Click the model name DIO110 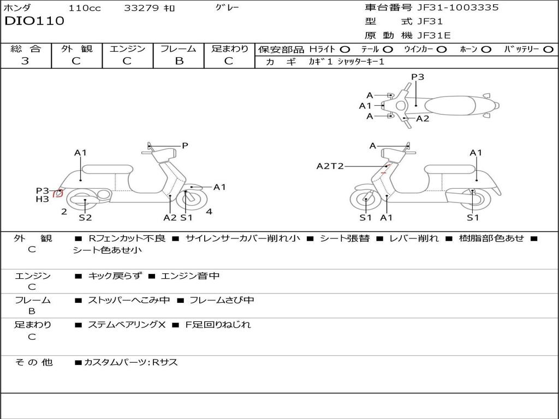[34, 21]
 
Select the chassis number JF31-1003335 [458, 8]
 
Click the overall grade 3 [25, 61]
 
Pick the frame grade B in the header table [179, 61]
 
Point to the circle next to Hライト [345, 50]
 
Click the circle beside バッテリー [549, 50]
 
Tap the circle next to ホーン [486, 50]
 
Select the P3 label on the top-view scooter [418, 77]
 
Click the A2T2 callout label [330, 166]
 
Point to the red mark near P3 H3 [58, 194]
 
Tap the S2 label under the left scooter [85, 217]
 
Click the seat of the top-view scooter [450, 106]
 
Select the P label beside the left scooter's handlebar [185, 146]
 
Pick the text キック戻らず [115, 276]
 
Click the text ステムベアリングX [127, 325]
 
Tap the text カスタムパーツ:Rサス [130, 362]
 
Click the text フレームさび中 [222, 300]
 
